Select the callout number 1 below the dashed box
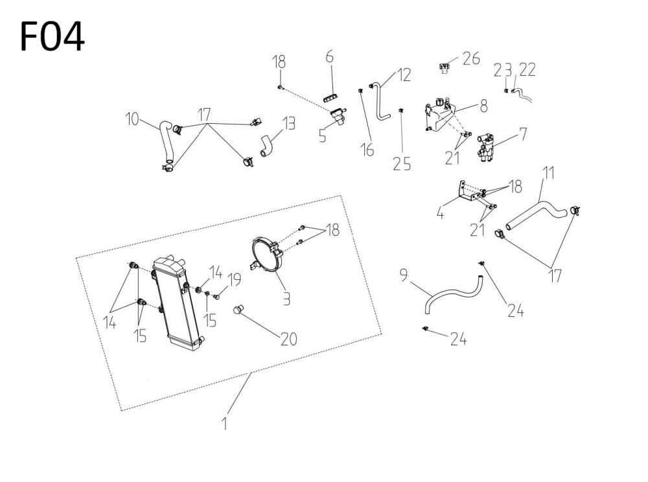pyautogui.click(x=224, y=424)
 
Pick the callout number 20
pyautogui.click(x=289, y=338)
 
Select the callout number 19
pyautogui.click(x=234, y=280)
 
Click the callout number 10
pyautogui.click(x=133, y=119)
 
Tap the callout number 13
pyautogui.click(x=288, y=124)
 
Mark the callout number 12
pyautogui.click(x=404, y=75)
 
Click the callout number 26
pyautogui.click(x=471, y=59)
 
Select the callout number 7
pyautogui.click(x=522, y=134)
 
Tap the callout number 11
pyautogui.click(x=548, y=174)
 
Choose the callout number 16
pyautogui.click(x=367, y=150)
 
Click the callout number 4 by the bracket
pyautogui.click(x=440, y=212)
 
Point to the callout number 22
pyautogui.click(x=527, y=70)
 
